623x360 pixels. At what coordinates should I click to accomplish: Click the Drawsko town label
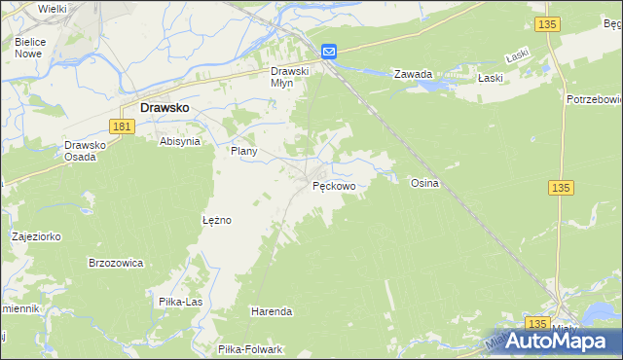pos(165,109)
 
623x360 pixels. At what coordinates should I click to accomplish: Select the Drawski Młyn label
pos(289,77)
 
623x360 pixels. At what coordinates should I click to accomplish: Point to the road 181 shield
pos(122,126)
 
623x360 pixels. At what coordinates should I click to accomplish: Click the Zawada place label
pos(412,74)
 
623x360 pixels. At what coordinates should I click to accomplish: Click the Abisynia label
pos(180,141)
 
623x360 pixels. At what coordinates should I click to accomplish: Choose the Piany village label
pos(242,152)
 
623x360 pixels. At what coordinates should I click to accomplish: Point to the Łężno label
pos(216,220)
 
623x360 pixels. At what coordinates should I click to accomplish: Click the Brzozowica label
pos(116,263)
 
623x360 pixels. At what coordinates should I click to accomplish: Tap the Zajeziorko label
pos(36,235)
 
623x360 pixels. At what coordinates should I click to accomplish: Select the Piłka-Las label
pos(180,302)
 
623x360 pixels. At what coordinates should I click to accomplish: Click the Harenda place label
pos(272,311)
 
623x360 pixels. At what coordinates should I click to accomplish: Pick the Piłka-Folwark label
pos(250,349)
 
